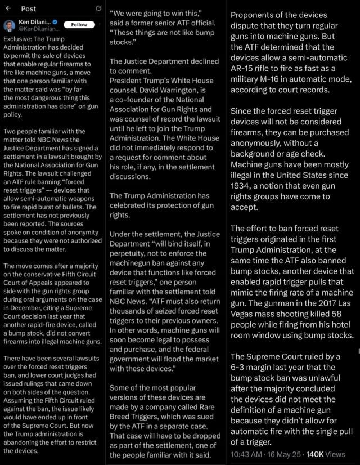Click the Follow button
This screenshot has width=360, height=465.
tap(79, 24)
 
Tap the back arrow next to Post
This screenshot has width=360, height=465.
tap(8, 8)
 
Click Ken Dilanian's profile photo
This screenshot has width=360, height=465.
tap(10, 26)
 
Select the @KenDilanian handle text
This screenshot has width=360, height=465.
tap(38, 29)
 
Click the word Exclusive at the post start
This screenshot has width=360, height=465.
tap(17, 39)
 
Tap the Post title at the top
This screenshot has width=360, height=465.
tap(28, 8)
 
